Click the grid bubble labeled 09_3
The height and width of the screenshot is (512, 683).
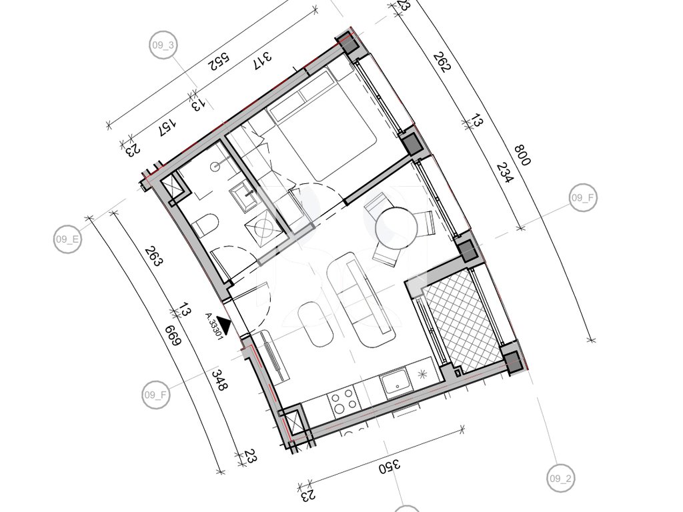163,45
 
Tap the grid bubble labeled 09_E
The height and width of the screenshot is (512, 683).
67,239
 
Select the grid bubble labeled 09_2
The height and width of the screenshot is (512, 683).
560,479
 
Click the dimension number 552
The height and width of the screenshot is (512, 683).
219,61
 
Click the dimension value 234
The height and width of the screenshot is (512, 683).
506,173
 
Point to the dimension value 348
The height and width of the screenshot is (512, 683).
218,379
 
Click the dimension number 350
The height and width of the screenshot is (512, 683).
389,466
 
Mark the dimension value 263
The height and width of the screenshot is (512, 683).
154,257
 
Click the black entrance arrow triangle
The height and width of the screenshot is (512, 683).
224,324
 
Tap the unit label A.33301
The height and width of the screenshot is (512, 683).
214,325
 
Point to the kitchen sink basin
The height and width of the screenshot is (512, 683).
395,383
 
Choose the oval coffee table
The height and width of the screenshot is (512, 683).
315,325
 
